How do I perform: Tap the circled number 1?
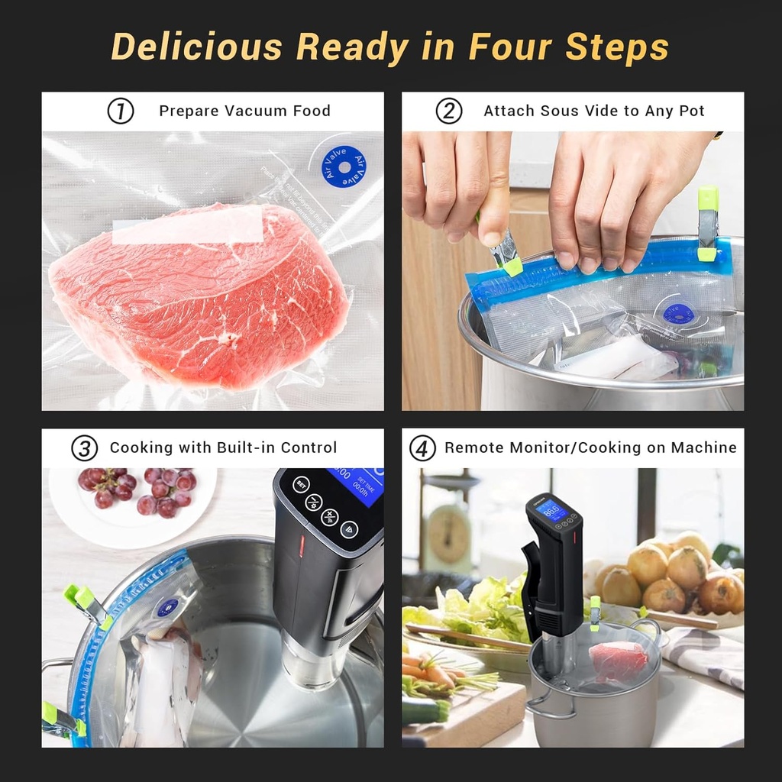click(121, 111)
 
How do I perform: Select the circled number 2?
click(449, 111)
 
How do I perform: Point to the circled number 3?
click(85, 448)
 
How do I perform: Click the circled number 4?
click(422, 448)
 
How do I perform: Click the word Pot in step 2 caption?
click(691, 111)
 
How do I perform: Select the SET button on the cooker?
click(301, 483)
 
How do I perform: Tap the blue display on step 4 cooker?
click(551, 509)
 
